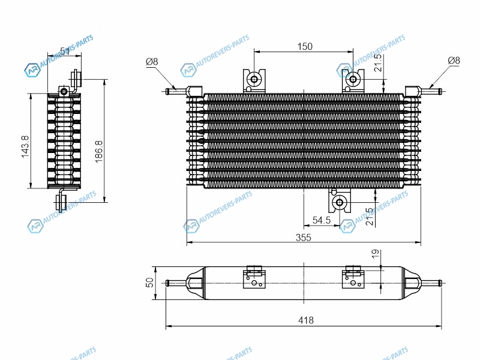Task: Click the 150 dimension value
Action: pyautogui.click(x=304, y=46)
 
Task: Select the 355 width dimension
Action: pyautogui.click(x=304, y=238)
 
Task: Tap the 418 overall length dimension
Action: pyautogui.click(x=305, y=321)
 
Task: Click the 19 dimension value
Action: pyautogui.click(x=376, y=256)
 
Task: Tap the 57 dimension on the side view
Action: pyautogui.click(x=65, y=53)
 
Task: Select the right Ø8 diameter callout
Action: pyautogui.click(x=454, y=61)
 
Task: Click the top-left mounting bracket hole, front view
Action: pyautogui.click(x=254, y=79)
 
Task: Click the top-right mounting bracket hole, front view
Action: pyautogui.click(x=353, y=79)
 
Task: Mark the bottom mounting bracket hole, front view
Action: pyautogui.click(x=340, y=202)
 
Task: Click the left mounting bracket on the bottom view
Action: pyautogui.click(x=254, y=279)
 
